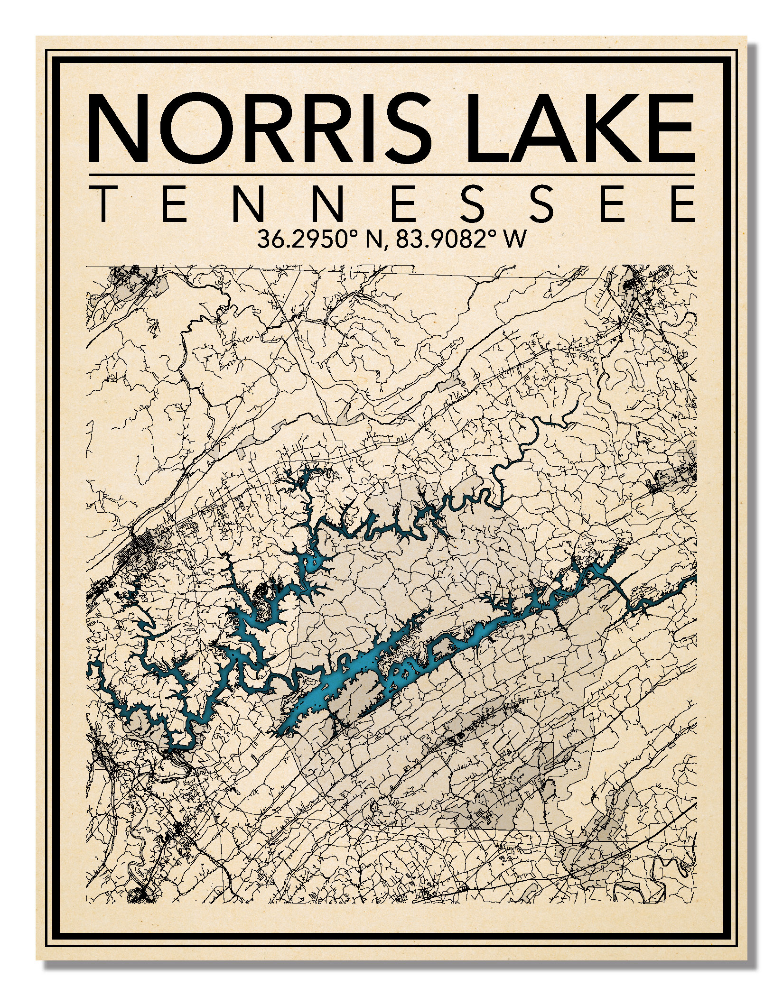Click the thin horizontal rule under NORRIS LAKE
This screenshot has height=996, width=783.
coord(391,175)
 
